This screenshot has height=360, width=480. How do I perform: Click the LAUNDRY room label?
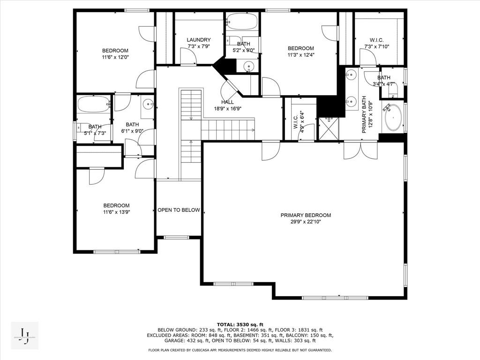pyautogui.click(x=198, y=40)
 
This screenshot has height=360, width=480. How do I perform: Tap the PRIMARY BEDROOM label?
pyautogui.click(x=306, y=215)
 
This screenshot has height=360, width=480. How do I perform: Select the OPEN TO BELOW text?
pyautogui.click(x=179, y=210)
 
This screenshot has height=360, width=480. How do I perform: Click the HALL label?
pyautogui.click(x=227, y=102)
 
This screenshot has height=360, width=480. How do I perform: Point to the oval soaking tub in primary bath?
pyautogui.click(x=393, y=118)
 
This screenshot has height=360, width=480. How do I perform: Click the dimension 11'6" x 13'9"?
pyautogui.click(x=116, y=212)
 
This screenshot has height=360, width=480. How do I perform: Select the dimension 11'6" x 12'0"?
pyautogui.click(x=115, y=57)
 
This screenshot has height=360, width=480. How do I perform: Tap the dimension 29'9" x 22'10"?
pyautogui.click(x=306, y=222)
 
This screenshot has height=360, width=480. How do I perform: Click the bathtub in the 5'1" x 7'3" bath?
pyautogui.click(x=93, y=104)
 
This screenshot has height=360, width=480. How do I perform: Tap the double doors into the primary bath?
pyautogui.click(x=360, y=150)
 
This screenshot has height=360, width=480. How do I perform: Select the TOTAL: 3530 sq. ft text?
pyautogui.click(x=240, y=324)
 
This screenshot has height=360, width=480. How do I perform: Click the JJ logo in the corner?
pyautogui.click(x=24, y=336)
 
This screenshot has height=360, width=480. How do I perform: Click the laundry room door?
pyautogui.click(x=188, y=57)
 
